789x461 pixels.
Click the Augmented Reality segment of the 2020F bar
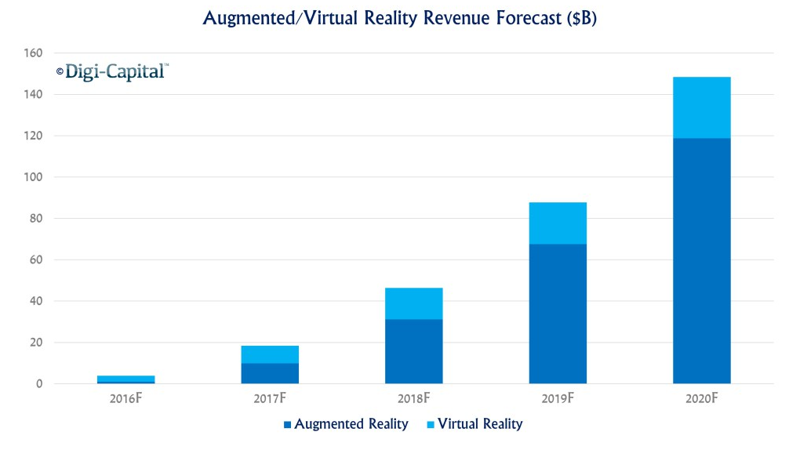[701, 260]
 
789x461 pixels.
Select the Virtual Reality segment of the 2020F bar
[701, 107]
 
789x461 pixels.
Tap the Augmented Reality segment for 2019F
[558, 314]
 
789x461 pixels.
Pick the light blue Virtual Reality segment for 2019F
[558, 223]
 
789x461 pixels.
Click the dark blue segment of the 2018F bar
[413, 351]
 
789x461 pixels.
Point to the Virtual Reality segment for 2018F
[413, 303]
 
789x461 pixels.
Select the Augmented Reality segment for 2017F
[270, 373]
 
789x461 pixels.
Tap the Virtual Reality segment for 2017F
[270, 354]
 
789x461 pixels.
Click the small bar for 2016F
[125, 379]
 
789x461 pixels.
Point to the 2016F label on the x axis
[125, 399]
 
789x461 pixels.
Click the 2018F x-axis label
[413, 399]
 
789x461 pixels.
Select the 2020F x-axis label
[701, 399]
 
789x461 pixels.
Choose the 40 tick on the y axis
[35, 301]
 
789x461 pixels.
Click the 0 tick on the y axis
[38, 384]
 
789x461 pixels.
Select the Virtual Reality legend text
[480, 424]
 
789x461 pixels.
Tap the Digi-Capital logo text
[115, 72]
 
